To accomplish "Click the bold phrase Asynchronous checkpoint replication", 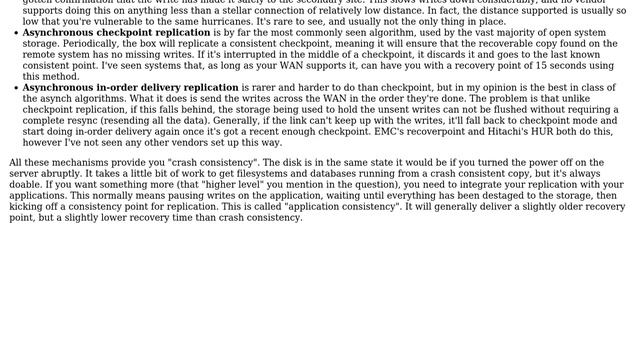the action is tap(116, 33).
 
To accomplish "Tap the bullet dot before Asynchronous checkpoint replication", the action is tap(15, 33).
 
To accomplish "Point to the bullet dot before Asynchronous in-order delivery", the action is tap(15, 88).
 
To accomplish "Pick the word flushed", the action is tap(494, 109).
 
